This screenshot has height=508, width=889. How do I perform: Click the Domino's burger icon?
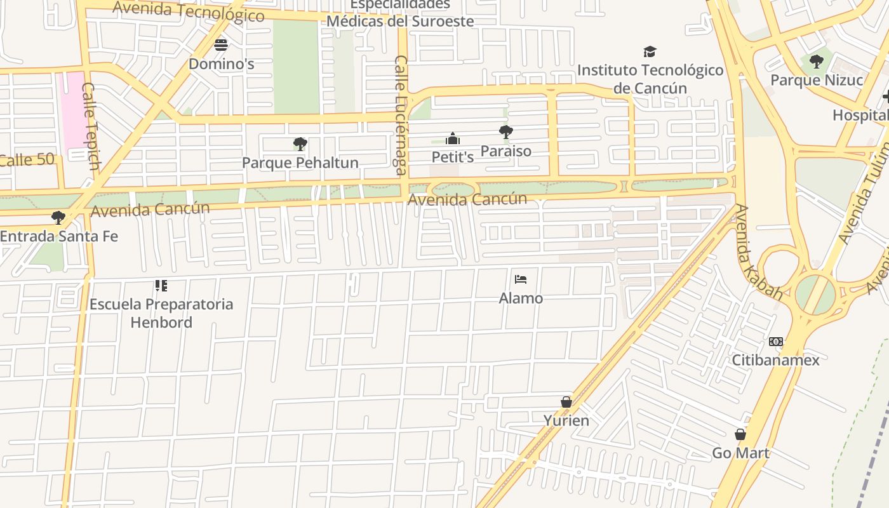tap(221, 45)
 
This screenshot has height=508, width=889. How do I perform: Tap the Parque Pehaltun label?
tap(300, 163)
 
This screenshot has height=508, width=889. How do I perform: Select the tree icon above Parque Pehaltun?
tap(300, 144)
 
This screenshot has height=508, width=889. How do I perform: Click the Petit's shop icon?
tap(453, 138)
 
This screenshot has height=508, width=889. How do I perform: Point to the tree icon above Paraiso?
tap(506, 132)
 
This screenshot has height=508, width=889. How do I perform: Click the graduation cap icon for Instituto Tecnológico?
tap(650, 51)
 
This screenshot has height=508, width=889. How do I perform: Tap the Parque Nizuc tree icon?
tap(817, 62)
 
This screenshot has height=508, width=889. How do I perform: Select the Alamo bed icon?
tap(521, 279)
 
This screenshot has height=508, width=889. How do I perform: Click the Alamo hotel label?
tap(521, 298)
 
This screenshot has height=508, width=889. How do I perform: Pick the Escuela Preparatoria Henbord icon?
tap(161, 286)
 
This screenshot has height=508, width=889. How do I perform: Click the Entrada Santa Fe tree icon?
tap(58, 218)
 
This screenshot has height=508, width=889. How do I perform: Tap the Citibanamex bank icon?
tap(775, 342)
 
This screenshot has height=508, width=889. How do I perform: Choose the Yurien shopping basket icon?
tap(566, 402)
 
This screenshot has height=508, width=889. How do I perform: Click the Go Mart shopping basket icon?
tap(740, 434)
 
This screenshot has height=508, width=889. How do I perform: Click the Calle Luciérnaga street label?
tap(400, 114)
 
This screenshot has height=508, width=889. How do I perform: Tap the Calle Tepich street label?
tap(91, 126)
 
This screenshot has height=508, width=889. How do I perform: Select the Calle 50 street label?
tap(27, 159)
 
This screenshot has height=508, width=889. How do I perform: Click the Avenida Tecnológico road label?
tap(188, 11)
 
